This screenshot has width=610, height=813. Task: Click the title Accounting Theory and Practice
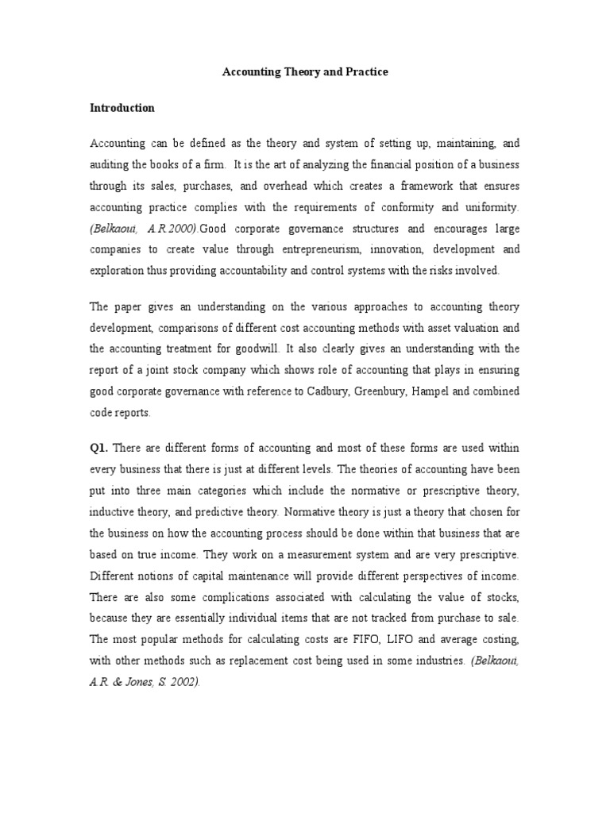coord(304,72)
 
